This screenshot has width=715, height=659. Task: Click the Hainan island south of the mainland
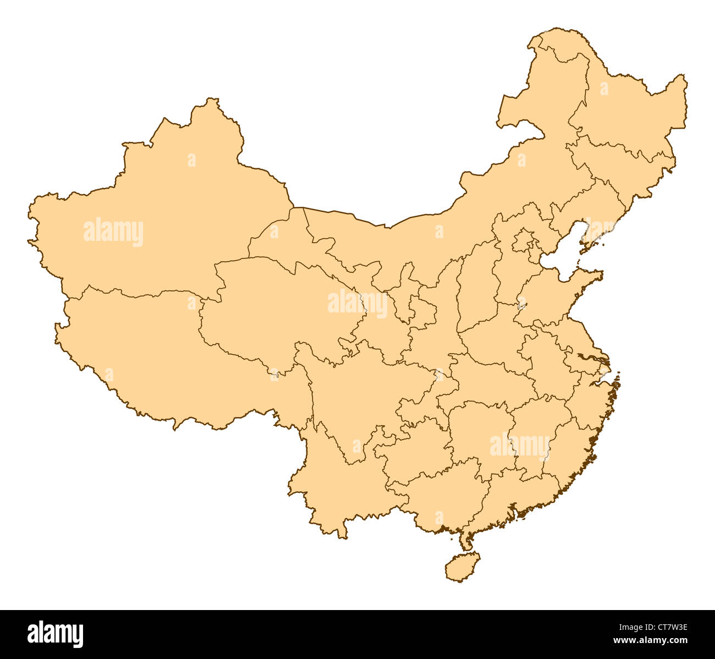pos(461,567)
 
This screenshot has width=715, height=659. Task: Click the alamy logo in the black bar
pos(56,634)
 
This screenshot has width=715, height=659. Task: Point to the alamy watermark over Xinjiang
pos(113,232)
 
